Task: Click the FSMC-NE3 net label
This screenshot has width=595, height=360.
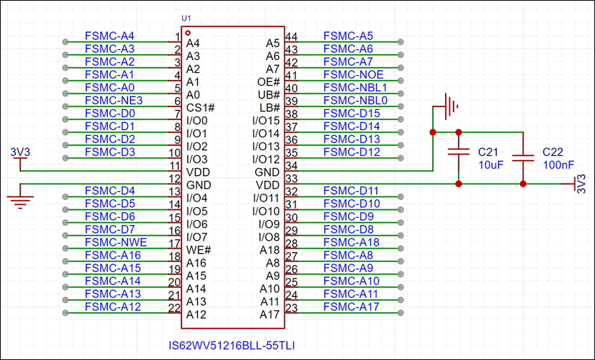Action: click(x=114, y=101)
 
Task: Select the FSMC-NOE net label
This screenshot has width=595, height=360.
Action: click(x=353, y=74)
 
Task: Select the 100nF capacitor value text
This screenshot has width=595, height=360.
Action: click(x=558, y=165)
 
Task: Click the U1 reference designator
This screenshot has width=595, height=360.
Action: click(x=187, y=17)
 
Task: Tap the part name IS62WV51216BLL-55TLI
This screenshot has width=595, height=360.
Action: click(x=232, y=346)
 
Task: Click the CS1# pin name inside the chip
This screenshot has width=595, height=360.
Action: click(x=200, y=108)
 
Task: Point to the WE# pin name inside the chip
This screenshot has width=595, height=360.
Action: click(x=198, y=250)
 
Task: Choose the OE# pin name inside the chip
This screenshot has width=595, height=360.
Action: click(x=268, y=82)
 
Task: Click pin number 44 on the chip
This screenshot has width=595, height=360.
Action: click(x=291, y=36)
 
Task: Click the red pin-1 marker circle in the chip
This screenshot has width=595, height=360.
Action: click(x=188, y=33)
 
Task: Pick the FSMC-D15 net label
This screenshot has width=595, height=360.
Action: click(x=351, y=114)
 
